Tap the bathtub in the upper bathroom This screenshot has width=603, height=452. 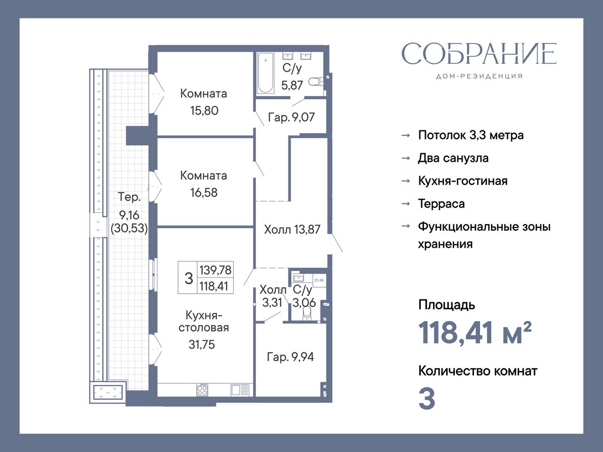(265, 73)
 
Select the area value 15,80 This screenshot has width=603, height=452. (204, 111)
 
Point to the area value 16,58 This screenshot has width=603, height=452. (204, 193)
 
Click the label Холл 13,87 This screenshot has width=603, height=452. (292, 229)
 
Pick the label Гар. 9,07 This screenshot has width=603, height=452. (291, 117)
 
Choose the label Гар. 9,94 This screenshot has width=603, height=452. (290, 357)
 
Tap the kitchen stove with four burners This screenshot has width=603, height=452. (202, 390)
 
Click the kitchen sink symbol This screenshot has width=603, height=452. (240, 390)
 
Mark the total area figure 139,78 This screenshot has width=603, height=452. (215, 270)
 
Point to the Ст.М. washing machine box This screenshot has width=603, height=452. (319, 281)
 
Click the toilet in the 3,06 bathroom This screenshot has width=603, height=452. (306, 313)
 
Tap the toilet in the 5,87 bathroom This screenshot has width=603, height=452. (316, 81)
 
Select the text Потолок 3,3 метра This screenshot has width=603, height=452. (471, 135)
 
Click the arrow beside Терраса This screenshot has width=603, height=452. (406, 203)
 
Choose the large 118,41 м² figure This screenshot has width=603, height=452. (475, 333)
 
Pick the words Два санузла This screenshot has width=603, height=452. (453, 158)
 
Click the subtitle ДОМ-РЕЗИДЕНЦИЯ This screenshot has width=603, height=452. (479, 76)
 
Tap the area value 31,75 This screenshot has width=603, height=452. (202, 345)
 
